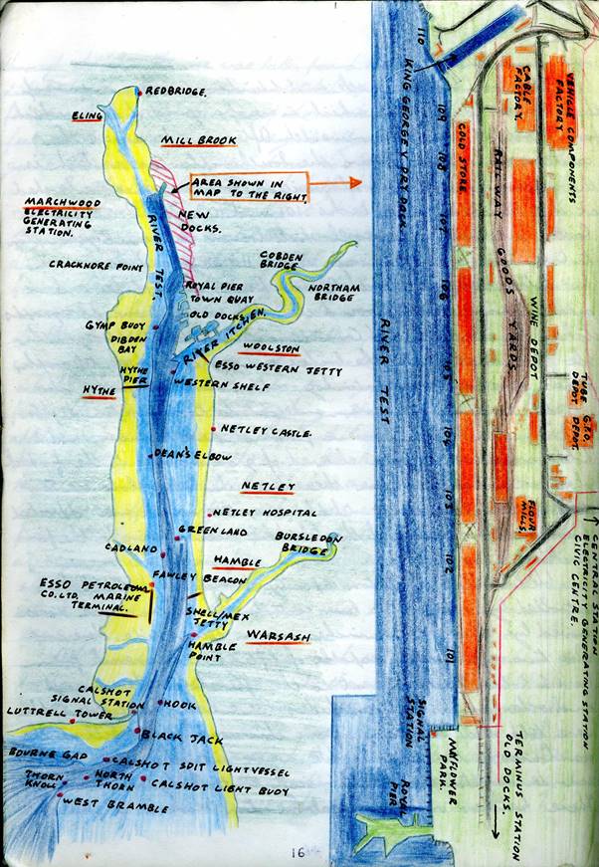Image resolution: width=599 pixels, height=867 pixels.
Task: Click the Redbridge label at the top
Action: tap(175, 92)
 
